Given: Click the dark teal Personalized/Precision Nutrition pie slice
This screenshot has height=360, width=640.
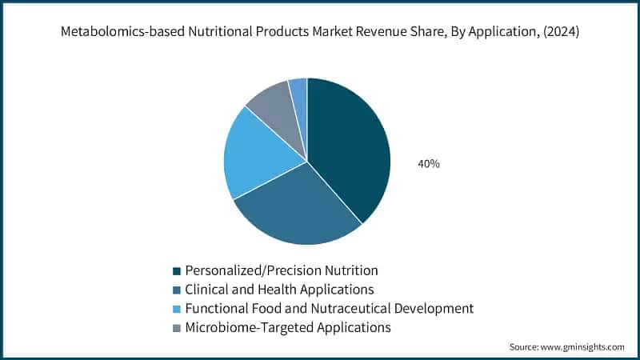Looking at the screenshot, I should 348,148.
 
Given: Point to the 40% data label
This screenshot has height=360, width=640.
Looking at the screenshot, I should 429,163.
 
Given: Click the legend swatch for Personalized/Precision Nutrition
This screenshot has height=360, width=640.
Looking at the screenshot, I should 176,270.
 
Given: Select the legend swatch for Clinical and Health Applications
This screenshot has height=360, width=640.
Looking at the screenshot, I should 176,290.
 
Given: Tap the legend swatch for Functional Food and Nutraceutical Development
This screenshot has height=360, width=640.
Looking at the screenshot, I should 176,309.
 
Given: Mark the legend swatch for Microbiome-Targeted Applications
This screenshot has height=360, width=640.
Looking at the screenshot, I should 176,328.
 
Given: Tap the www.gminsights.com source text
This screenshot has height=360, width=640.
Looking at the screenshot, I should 584,347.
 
